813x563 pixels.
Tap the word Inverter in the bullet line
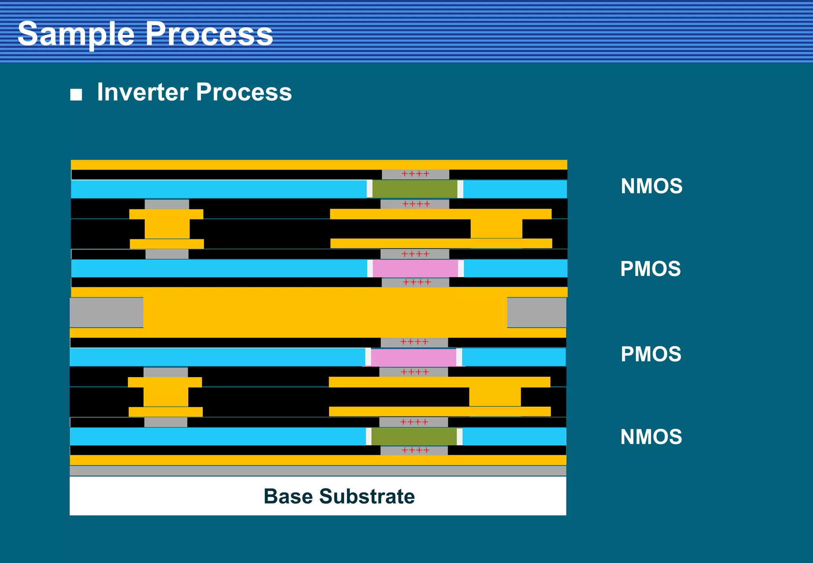tap(143, 92)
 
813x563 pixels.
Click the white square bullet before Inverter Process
tap(76, 94)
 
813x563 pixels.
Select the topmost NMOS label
tap(651, 186)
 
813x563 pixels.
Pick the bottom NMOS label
tap(651, 437)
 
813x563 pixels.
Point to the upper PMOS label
tap(650, 269)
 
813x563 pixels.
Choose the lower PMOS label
tap(651, 354)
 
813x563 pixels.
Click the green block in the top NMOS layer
tap(415, 189)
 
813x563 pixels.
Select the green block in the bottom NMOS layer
tap(414, 437)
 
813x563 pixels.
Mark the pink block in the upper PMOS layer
tap(415, 268)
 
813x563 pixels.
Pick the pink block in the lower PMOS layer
tap(414, 357)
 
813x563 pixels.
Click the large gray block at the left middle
tap(106, 312)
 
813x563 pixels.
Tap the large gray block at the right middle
tap(536, 312)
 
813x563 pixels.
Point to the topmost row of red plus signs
tap(415, 174)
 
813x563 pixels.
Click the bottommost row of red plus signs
tap(415, 450)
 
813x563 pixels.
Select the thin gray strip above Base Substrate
tap(318, 471)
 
